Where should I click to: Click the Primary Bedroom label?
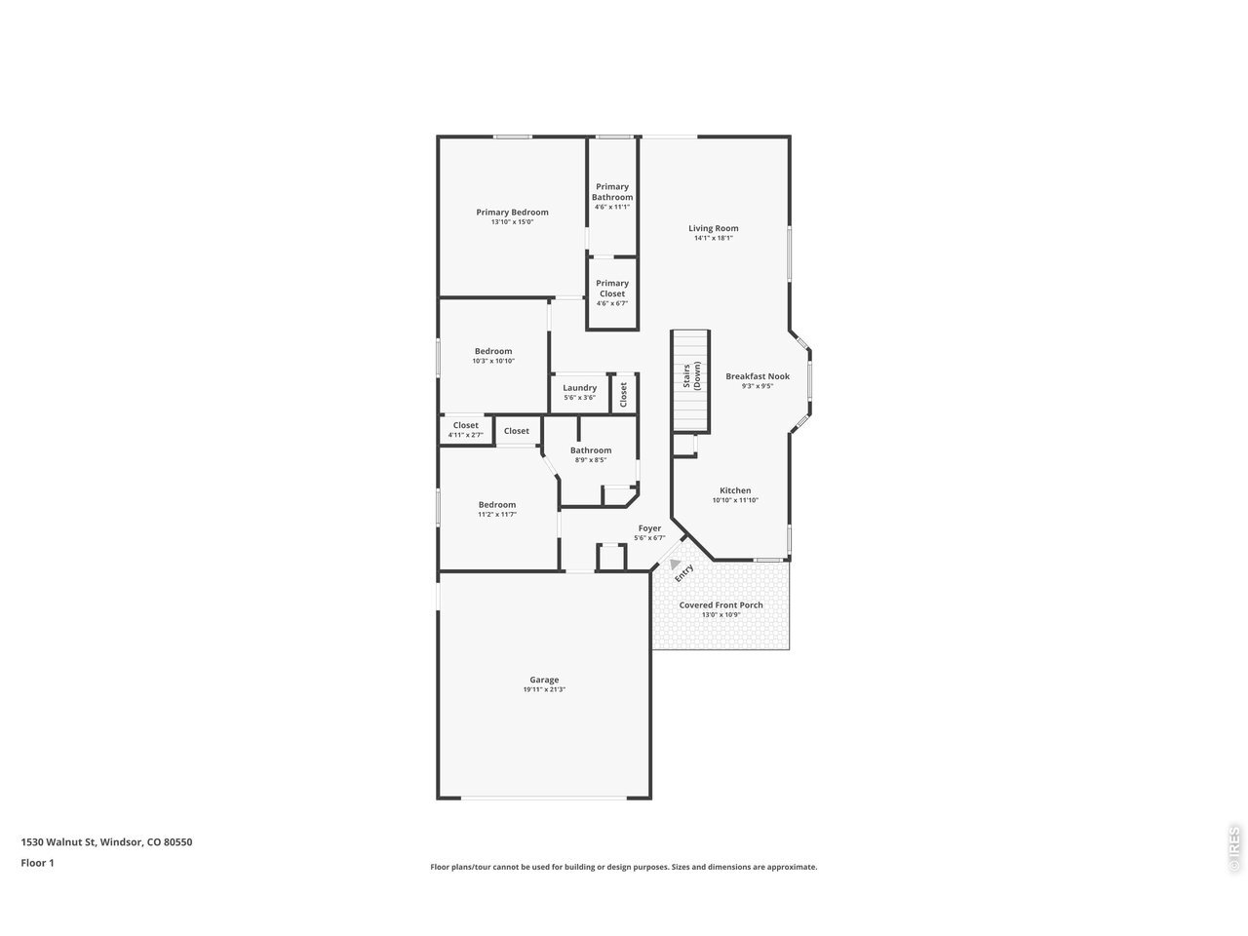pyautogui.click(x=512, y=212)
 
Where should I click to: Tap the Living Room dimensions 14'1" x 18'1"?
pyautogui.click(x=713, y=238)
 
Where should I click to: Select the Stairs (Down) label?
pyautogui.click(x=691, y=375)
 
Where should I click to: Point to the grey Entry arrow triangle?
pyautogui.click(x=675, y=564)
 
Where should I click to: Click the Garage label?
pyautogui.click(x=544, y=680)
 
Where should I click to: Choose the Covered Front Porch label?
pyautogui.click(x=721, y=604)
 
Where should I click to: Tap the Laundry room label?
pyautogui.click(x=579, y=388)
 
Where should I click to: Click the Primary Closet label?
pyautogui.click(x=611, y=289)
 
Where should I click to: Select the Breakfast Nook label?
pyautogui.click(x=758, y=376)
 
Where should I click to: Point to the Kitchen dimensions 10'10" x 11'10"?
pyautogui.click(x=735, y=500)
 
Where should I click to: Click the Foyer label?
pyautogui.click(x=649, y=527)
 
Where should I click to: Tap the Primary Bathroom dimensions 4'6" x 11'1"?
pyautogui.click(x=611, y=207)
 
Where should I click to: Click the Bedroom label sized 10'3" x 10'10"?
pyautogui.click(x=493, y=351)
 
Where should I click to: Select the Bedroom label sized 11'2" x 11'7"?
pyautogui.click(x=497, y=505)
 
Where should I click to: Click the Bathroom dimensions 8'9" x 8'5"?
pyautogui.click(x=591, y=460)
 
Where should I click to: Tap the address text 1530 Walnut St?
pyautogui.click(x=58, y=841)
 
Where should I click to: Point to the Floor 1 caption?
pyautogui.click(x=37, y=863)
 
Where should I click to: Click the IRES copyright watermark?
pyautogui.click(x=1233, y=849)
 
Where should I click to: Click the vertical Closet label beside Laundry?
pyautogui.click(x=623, y=394)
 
